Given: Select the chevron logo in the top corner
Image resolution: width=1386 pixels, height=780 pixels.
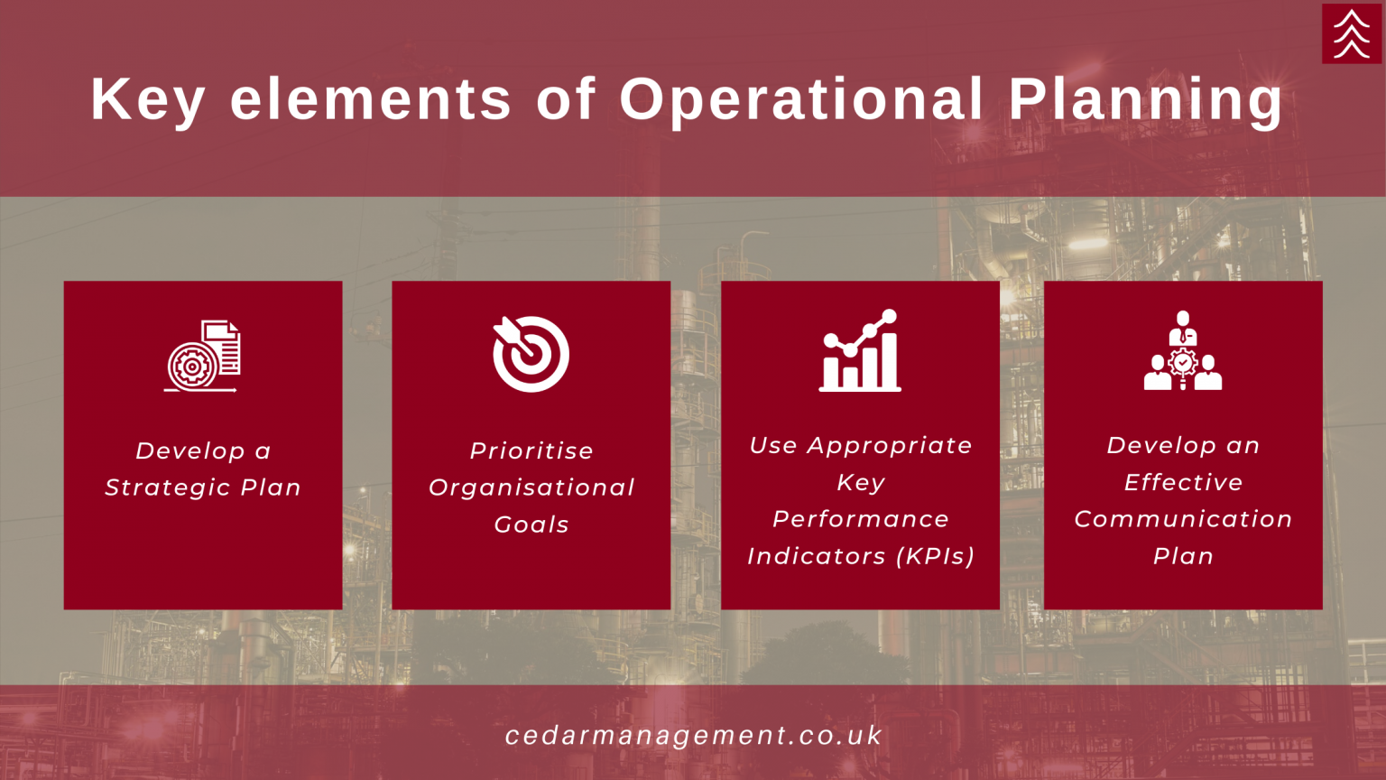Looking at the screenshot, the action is [x=1352, y=33].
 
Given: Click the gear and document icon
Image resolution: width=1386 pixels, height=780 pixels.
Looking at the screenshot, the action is [x=203, y=356].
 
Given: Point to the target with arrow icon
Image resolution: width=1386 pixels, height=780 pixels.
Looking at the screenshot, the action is [x=531, y=354].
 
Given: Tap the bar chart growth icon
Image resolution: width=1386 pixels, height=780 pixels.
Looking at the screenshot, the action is [x=860, y=350].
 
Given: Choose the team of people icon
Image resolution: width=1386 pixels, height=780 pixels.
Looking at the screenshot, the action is [x=1183, y=350].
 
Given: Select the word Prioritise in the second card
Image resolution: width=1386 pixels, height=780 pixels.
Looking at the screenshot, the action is [x=531, y=450].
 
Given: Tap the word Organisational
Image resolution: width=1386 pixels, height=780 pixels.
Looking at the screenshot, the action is [x=531, y=487].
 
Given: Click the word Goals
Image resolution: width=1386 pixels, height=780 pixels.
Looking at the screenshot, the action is [x=531, y=525].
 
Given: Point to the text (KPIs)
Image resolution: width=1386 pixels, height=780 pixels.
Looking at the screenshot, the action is [x=936, y=556].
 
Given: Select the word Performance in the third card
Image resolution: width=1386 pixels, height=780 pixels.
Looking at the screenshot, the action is [x=861, y=519].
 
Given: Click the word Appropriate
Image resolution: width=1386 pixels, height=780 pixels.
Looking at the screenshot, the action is [x=890, y=446].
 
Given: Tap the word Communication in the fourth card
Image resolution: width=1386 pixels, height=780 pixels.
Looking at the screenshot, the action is [x=1183, y=519].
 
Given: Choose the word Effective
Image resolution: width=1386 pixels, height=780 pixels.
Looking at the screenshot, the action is [x=1183, y=482].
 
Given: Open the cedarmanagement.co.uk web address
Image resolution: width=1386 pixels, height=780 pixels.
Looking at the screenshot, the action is [x=693, y=736].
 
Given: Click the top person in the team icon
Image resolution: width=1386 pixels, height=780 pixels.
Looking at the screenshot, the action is [x=1183, y=328].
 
